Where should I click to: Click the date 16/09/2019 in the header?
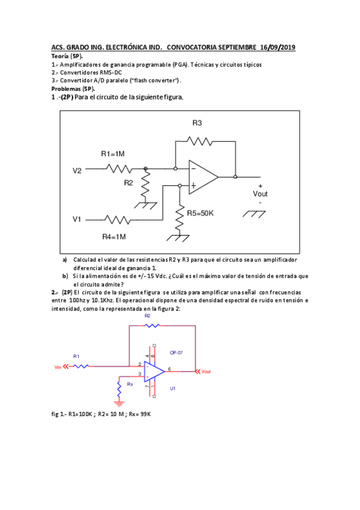coord(278,47)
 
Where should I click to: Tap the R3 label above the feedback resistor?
coord(197,123)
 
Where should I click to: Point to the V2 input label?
coord(77,171)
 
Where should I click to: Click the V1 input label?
coord(77,220)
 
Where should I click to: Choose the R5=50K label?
coord(200,213)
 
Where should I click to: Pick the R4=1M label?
coord(114,236)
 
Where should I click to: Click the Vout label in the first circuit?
coord(260,194)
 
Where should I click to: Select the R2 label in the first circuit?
coord(129,183)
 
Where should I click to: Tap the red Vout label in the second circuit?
coord(206,371)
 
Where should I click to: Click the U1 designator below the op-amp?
coord(172,389)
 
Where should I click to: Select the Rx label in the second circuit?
coord(130,383)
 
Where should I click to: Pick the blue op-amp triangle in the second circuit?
coord(154,371)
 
